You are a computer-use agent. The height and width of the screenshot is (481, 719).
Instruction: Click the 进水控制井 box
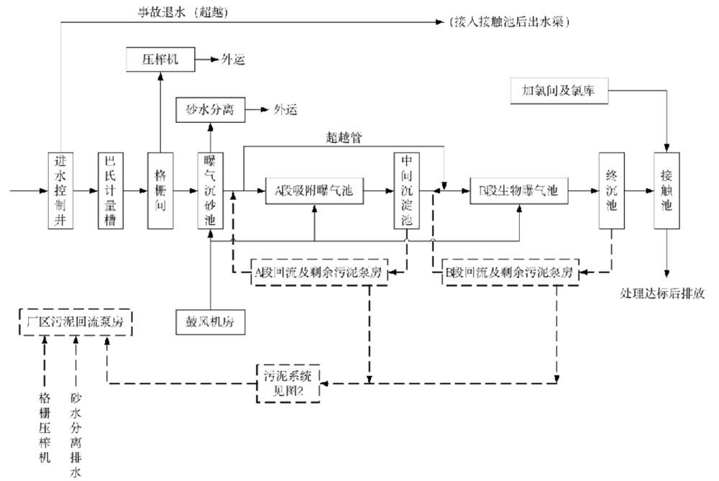(x=62, y=191)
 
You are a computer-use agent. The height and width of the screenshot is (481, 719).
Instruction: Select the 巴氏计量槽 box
(x=111, y=191)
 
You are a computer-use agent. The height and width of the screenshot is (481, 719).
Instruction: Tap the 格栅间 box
(x=160, y=191)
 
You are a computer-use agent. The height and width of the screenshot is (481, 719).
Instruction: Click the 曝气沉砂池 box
(x=211, y=191)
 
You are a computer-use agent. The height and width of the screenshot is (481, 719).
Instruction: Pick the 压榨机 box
(x=160, y=59)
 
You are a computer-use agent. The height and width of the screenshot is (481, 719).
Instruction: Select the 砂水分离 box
(x=211, y=110)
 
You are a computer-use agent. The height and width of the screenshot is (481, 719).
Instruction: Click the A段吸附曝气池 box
(x=315, y=191)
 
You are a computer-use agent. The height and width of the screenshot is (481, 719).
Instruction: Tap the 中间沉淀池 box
(x=406, y=191)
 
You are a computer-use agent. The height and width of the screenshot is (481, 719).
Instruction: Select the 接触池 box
(x=667, y=191)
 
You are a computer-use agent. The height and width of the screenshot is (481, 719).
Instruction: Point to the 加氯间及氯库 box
(x=558, y=91)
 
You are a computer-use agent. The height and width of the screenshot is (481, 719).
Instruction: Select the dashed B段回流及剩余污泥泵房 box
(x=508, y=272)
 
